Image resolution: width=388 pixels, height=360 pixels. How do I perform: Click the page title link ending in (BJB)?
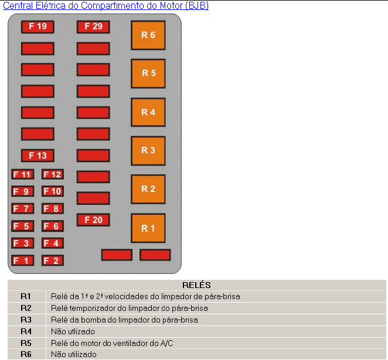(105, 5)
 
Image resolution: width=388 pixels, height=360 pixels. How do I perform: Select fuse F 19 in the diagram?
(38, 27)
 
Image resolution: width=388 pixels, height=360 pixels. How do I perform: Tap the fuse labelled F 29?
(93, 27)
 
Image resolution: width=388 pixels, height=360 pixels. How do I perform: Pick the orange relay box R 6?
(148, 35)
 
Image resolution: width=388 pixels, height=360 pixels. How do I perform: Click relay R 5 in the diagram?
(148, 74)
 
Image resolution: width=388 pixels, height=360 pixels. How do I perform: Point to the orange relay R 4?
(148, 112)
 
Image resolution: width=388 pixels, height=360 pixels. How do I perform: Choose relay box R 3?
(148, 150)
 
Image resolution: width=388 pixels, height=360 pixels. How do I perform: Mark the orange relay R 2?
(148, 189)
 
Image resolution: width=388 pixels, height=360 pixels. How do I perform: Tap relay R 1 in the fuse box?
(148, 228)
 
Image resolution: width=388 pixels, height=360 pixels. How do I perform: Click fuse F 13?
(38, 156)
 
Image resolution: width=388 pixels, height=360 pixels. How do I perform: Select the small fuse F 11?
(22, 174)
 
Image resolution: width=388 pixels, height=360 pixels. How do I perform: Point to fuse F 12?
(53, 174)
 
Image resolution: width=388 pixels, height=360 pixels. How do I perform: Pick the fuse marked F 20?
(93, 220)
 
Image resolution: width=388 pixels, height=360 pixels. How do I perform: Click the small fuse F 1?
(22, 260)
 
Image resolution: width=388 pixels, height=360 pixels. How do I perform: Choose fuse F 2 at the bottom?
(53, 260)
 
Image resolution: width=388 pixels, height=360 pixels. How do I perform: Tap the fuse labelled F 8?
(53, 208)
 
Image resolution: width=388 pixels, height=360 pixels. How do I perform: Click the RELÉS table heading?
(196, 285)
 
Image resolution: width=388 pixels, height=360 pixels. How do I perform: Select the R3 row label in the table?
(26, 320)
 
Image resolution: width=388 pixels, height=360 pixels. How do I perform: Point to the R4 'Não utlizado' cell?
(73, 331)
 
